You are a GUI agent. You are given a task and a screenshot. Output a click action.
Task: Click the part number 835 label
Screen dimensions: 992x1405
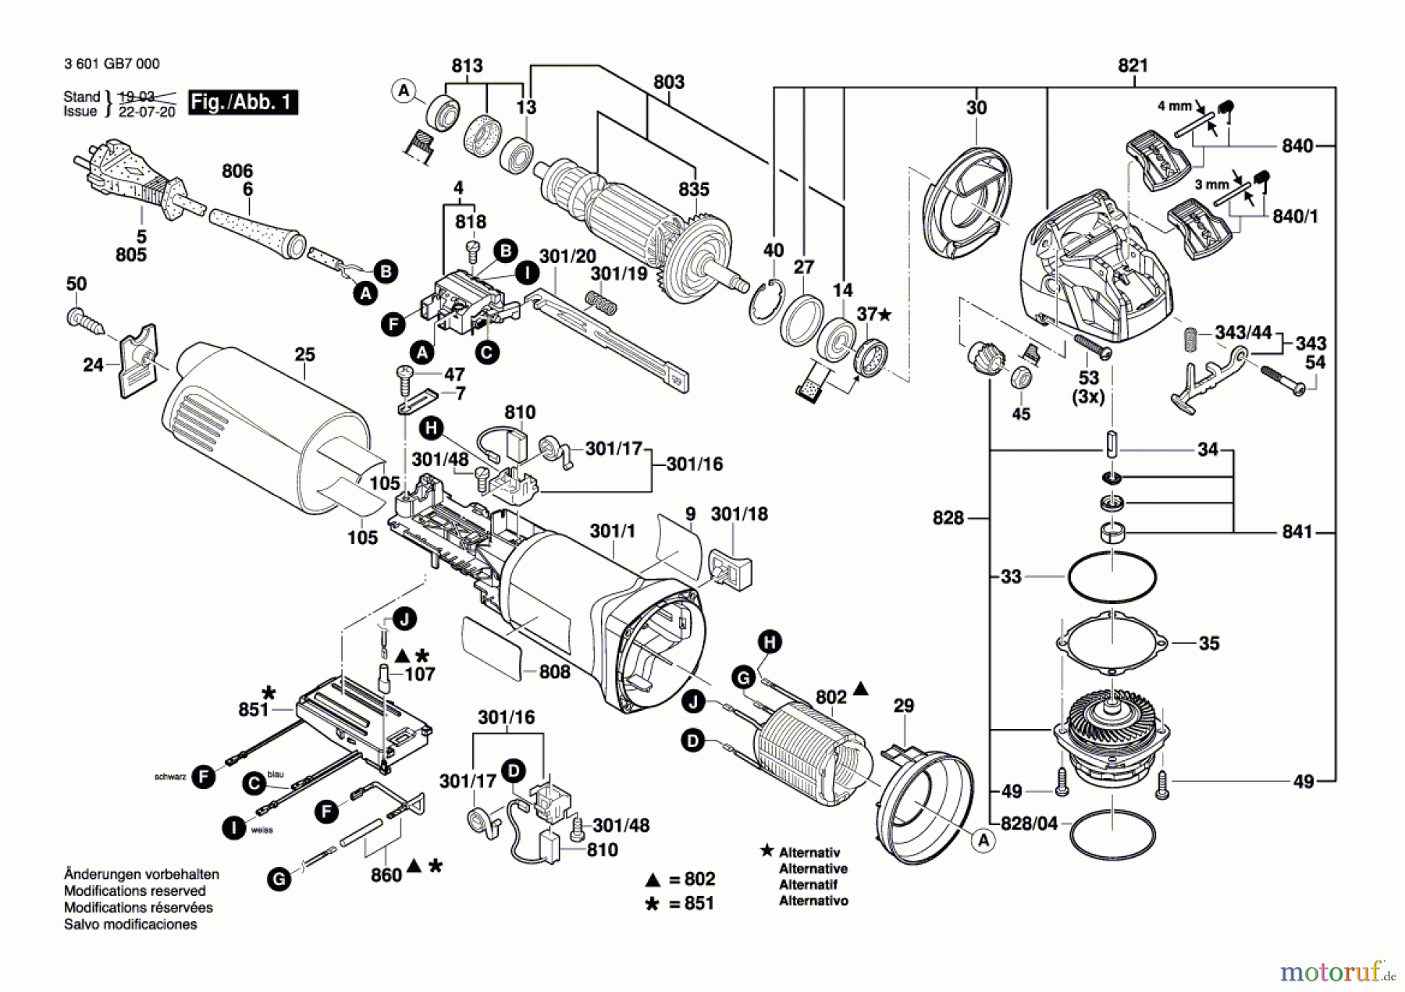[693, 190]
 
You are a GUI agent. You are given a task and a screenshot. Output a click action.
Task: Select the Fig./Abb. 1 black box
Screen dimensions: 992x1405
[243, 102]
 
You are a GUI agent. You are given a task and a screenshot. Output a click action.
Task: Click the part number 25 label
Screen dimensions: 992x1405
[304, 355]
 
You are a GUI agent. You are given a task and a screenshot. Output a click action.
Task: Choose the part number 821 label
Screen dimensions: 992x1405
[1133, 66]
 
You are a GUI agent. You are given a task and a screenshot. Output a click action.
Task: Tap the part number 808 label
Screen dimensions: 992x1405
[554, 672]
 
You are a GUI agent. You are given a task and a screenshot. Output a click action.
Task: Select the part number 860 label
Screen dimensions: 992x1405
[386, 876]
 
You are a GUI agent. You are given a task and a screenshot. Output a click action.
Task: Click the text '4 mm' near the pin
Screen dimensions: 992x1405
[1174, 106]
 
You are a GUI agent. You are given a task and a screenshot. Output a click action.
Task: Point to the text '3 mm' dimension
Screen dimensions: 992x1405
[1211, 185]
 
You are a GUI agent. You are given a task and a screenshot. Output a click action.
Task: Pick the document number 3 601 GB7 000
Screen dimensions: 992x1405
[112, 64]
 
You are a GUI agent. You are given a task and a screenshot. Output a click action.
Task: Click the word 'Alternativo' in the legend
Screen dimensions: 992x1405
[813, 901]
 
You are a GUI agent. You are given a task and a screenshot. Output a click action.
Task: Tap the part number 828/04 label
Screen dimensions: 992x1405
[1029, 824]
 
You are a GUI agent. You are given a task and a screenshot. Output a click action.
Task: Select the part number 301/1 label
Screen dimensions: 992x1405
[612, 532]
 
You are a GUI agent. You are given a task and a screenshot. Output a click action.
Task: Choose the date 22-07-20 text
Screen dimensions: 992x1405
[147, 112]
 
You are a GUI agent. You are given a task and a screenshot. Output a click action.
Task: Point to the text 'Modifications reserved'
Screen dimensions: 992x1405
[134, 891]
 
